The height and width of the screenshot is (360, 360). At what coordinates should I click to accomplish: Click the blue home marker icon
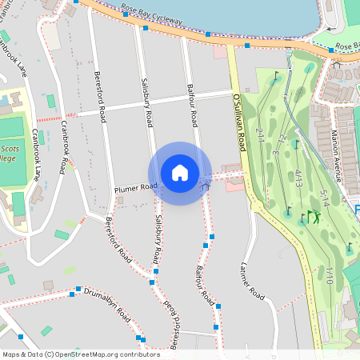tap(180, 173)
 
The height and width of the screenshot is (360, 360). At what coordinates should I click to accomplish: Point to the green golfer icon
tap(315, 217)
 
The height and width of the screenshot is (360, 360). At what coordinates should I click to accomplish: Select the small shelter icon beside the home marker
tap(206, 185)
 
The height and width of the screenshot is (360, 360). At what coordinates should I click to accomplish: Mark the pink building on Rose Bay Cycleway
tap(219, 52)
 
